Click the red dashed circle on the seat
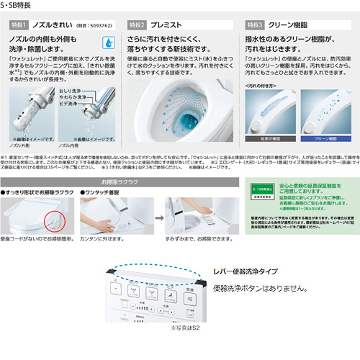click(x=52, y=222)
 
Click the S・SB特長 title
click(x=18, y=6)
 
